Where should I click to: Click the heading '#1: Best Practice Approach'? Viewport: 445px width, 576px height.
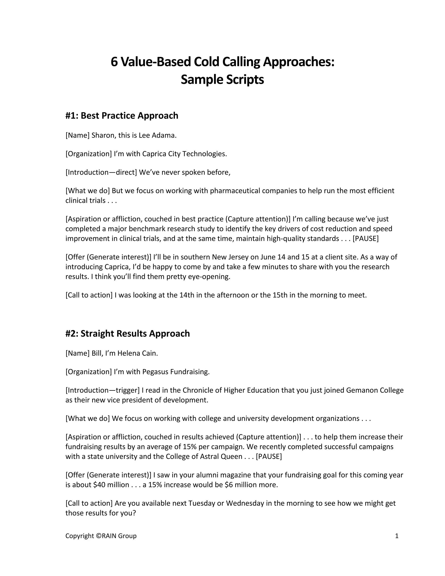[122, 115]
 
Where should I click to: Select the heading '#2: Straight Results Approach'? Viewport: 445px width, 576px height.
[128, 333]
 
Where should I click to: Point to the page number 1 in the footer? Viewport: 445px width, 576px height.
[397, 536]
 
